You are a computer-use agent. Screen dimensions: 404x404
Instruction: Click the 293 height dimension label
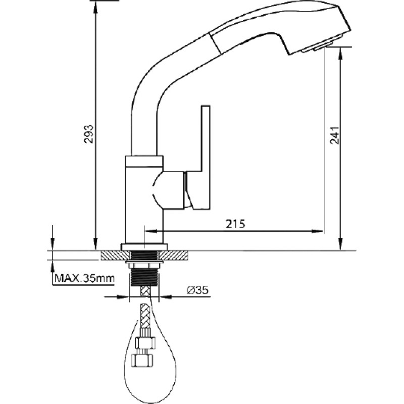[x=89, y=134]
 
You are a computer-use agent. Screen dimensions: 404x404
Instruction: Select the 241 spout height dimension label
[x=335, y=135]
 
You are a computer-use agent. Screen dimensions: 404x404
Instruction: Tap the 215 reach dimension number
[x=235, y=224]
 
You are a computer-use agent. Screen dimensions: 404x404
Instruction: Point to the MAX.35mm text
[x=84, y=278]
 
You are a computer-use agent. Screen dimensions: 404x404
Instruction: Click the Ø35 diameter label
[x=197, y=290]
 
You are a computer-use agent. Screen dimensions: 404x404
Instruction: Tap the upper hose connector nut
[x=145, y=343]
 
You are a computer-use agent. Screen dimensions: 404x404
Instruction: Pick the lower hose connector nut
[x=142, y=360]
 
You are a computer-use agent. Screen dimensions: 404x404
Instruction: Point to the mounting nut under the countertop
[x=144, y=264]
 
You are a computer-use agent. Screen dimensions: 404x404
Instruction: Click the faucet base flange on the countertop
[x=144, y=247]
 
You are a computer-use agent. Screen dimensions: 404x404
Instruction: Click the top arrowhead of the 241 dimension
[x=340, y=54]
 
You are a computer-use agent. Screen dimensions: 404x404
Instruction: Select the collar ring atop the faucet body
[x=144, y=161]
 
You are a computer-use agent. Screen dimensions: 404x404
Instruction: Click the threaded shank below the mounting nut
[x=144, y=277]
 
